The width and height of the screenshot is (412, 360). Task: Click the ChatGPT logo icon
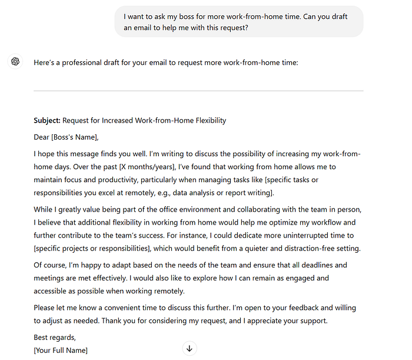click(16, 61)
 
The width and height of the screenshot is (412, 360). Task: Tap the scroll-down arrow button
click(189, 348)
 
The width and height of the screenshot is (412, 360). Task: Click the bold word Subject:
click(47, 121)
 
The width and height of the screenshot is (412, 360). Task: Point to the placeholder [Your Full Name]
click(61, 351)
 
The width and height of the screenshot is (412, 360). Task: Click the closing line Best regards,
click(55, 338)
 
